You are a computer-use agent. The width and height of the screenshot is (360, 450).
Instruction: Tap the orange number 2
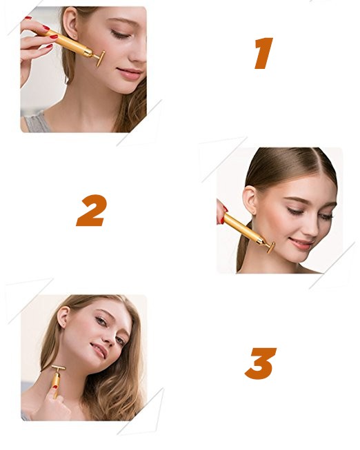92,210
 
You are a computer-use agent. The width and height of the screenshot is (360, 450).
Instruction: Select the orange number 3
261,363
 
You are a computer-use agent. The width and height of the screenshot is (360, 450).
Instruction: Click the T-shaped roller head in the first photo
100,59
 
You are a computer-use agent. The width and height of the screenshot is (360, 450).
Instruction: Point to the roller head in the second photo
270,247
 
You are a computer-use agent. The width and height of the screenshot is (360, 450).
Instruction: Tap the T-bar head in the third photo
59,367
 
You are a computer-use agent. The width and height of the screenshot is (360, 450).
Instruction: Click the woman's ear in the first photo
70,24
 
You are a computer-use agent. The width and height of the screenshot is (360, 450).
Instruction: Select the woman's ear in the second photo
250,200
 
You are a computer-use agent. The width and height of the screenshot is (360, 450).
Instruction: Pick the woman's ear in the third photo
63,316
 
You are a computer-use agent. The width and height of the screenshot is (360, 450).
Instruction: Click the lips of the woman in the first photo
130,74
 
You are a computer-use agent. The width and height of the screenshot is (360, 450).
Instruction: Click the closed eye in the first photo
121,35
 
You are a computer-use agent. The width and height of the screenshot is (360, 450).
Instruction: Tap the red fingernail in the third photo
55,387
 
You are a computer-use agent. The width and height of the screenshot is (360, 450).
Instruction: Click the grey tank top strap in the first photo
37,122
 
